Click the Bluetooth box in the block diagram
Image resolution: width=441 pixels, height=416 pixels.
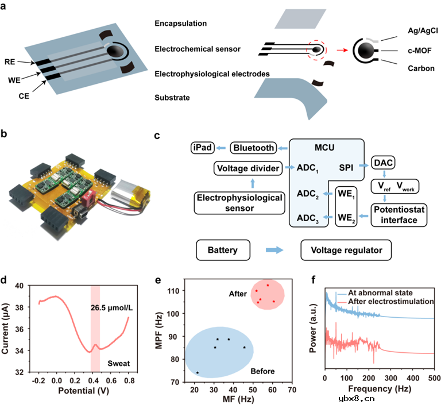coord(253,148)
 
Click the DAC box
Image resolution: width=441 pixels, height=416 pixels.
coord(382,165)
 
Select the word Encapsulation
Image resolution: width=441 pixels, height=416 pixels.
coord(181,24)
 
